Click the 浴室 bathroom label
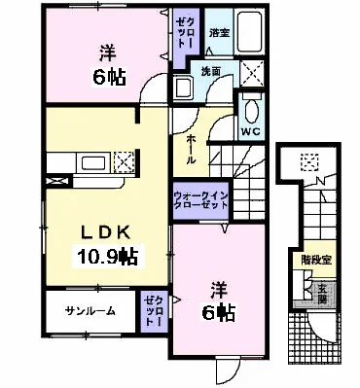click(x=219, y=32)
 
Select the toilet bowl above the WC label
click(x=249, y=105)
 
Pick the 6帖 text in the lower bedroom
click(x=221, y=312)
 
